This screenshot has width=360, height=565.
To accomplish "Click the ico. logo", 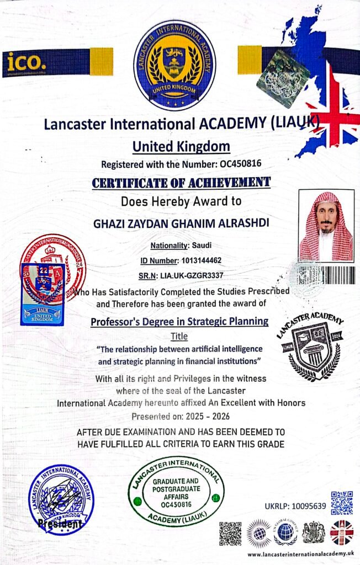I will click(27, 62).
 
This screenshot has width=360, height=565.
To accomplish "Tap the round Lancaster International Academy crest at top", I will click(174, 65).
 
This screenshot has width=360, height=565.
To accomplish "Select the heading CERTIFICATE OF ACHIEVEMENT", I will click(181, 182).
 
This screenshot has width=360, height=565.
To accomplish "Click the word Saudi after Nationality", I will click(200, 245).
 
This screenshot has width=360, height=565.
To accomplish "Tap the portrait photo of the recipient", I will click(326, 226).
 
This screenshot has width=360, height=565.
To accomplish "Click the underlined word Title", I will click(179, 335).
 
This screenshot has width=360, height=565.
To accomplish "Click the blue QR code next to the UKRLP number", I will click(342, 502).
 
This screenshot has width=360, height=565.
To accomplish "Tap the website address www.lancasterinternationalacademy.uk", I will click(300, 553).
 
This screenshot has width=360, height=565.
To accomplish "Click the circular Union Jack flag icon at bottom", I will click(342, 532).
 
